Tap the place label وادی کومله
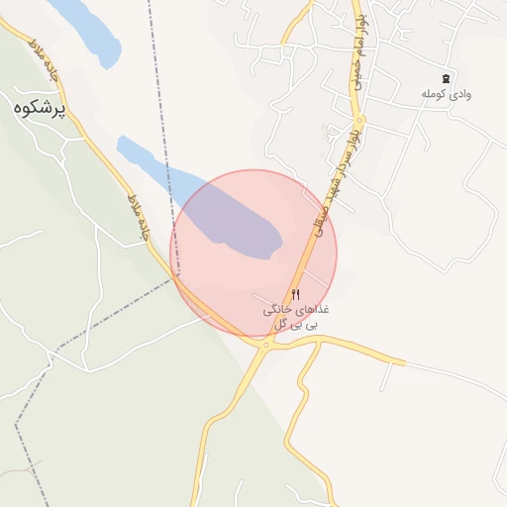[x=446, y=94]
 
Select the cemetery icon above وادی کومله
[x=446, y=78]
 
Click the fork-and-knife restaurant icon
[x=295, y=294]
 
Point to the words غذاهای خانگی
[x=297, y=310]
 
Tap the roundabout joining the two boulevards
[x=360, y=122]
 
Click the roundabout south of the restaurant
[x=266, y=345]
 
